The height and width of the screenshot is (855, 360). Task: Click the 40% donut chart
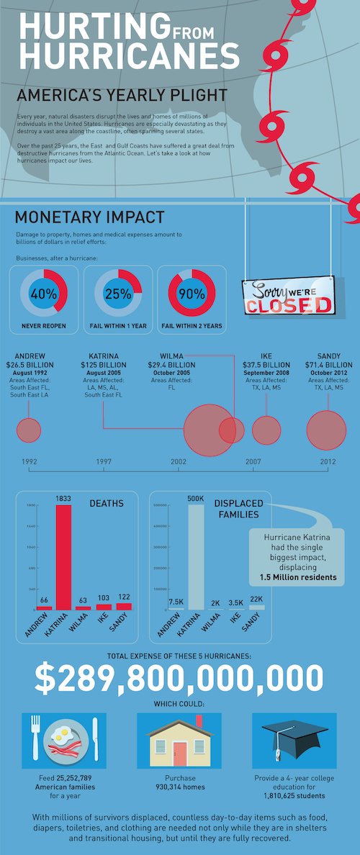click(x=44, y=294)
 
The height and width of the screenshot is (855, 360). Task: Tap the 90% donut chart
click(x=192, y=294)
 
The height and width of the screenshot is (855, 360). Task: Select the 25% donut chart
click(x=118, y=294)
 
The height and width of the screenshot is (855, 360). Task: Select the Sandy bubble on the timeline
click(x=326, y=430)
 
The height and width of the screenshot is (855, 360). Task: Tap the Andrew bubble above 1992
click(x=29, y=430)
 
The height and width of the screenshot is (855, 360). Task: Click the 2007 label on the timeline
click(x=253, y=461)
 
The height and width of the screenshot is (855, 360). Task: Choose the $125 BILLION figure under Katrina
click(x=104, y=365)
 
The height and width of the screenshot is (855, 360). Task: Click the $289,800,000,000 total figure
click(x=179, y=678)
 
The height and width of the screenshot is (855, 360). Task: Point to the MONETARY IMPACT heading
click(x=89, y=217)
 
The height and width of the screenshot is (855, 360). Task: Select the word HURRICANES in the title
click(x=128, y=55)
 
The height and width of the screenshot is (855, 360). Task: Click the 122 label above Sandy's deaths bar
click(x=124, y=597)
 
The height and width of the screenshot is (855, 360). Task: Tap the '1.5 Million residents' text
click(x=298, y=577)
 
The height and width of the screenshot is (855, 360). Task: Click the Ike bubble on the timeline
click(x=266, y=430)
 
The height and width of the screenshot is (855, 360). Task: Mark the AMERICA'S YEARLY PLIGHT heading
click(x=122, y=96)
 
